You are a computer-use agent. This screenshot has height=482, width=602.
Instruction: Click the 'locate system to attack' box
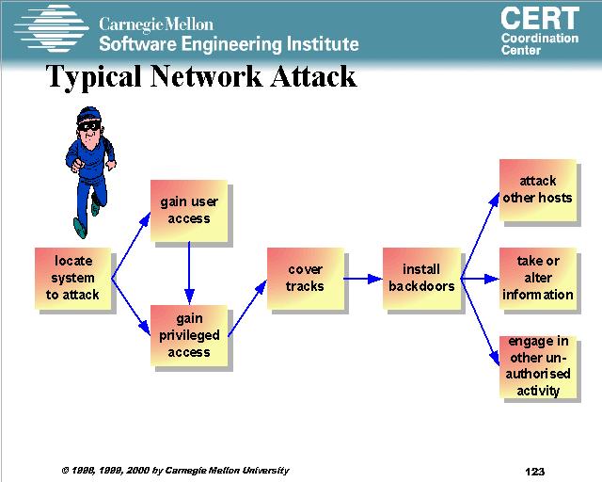click(72, 278)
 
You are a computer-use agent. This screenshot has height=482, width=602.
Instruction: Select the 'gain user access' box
click(189, 209)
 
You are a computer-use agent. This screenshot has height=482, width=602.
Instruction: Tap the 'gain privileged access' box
click(189, 335)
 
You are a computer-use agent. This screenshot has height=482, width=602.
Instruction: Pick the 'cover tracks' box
click(305, 278)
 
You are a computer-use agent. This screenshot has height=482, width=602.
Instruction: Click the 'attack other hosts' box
click(537, 189)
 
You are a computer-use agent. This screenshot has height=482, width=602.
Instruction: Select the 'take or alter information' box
click(537, 278)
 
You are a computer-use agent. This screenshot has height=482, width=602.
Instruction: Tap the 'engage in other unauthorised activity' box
click(538, 366)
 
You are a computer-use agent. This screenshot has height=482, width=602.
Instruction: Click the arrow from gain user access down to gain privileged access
click(189, 268)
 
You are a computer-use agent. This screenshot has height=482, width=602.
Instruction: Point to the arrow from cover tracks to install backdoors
click(363, 279)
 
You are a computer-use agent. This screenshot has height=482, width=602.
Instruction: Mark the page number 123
click(535, 471)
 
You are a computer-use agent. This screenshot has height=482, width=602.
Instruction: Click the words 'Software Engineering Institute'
click(229, 44)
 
